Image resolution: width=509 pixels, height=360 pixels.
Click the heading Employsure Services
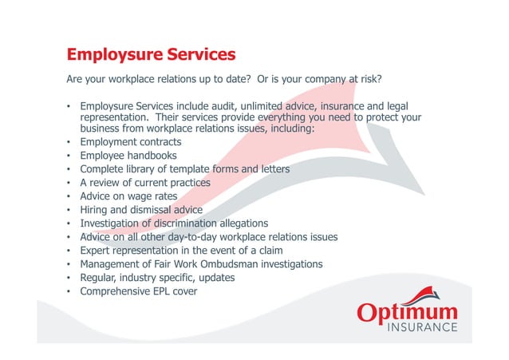click(151, 55)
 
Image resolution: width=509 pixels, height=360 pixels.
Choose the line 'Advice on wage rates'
click(128, 196)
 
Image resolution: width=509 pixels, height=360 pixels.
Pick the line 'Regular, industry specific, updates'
click(157, 277)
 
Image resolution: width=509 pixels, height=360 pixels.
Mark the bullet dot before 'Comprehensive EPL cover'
click(69, 291)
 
